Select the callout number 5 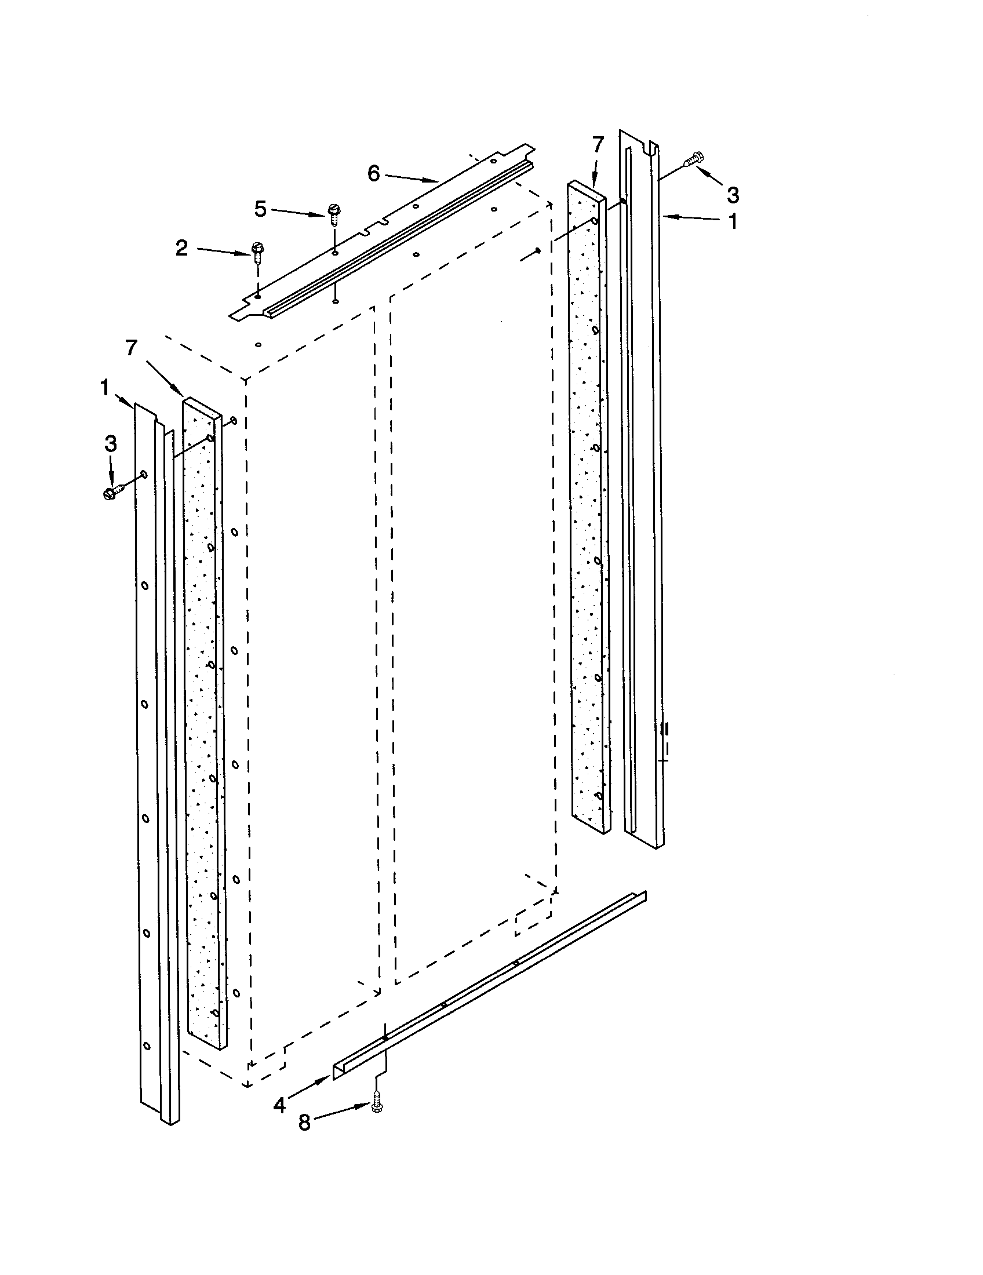(x=260, y=209)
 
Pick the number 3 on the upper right (x=733, y=194)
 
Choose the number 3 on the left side (x=110, y=444)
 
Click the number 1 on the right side (x=732, y=222)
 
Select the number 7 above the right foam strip (x=598, y=144)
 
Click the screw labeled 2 (x=257, y=252)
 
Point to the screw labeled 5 (x=333, y=213)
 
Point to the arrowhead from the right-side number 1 (x=667, y=217)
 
